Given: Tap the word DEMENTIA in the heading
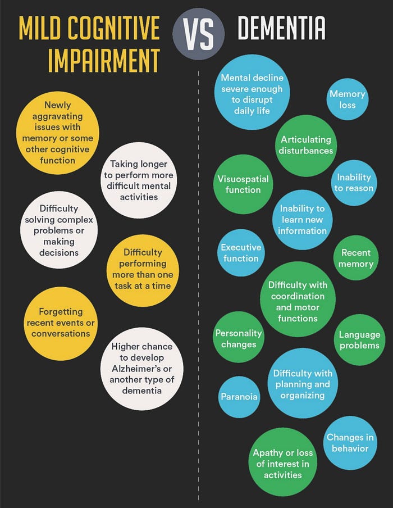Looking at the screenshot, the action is click(281, 28).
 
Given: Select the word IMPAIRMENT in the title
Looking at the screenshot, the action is click(104, 60).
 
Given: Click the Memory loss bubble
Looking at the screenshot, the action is click(347, 99).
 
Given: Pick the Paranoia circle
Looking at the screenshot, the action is click(239, 397).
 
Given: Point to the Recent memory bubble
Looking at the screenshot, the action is click(356, 258).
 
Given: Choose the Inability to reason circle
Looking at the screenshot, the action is click(354, 183).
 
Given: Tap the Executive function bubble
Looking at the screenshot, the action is click(241, 253).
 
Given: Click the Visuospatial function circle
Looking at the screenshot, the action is click(243, 184).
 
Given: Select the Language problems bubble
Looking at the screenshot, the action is click(359, 339).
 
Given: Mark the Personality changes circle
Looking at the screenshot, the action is click(239, 338).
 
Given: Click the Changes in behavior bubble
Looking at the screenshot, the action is click(350, 443).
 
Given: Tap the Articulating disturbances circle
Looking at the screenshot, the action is click(306, 145).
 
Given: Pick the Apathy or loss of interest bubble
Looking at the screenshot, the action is click(283, 464).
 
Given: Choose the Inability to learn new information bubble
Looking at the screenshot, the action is click(302, 219).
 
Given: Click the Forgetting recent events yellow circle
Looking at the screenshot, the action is click(61, 323).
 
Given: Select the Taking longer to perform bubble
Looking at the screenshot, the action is click(141, 180).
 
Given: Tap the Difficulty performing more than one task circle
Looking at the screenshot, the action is click(142, 269).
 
